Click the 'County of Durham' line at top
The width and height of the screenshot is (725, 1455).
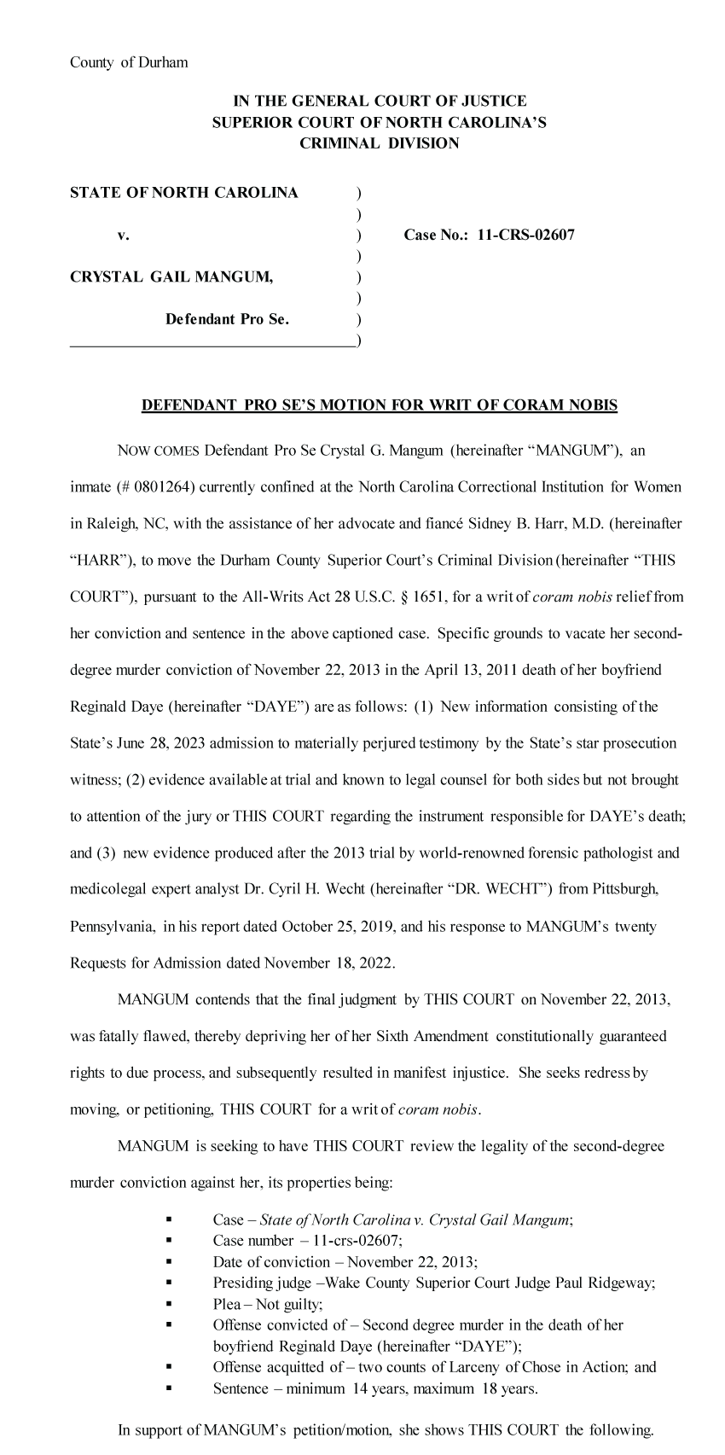[x=129, y=62]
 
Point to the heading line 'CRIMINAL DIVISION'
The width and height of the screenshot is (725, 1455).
[x=379, y=143]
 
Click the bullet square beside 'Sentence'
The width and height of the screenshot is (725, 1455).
[x=170, y=1388]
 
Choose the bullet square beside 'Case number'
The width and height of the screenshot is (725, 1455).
[x=170, y=1242]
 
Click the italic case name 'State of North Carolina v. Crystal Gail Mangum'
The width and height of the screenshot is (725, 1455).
[x=415, y=1220]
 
